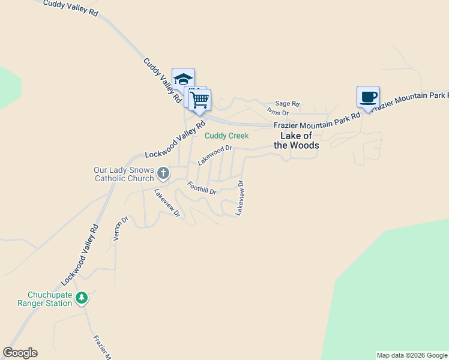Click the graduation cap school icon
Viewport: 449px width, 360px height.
[184, 79]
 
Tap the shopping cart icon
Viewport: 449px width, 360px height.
[200, 100]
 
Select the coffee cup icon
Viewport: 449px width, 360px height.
[368, 97]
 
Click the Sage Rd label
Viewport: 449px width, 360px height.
[287, 103]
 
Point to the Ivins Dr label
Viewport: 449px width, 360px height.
[278, 112]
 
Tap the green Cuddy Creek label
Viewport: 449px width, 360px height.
[226, 136]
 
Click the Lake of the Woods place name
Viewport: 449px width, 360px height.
[297, 140]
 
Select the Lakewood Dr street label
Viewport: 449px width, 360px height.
[215, 155]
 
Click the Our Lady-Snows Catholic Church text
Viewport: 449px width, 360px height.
[124, 174]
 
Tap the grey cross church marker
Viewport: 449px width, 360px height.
[163, 174]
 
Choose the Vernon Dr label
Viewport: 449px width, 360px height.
[120, 229]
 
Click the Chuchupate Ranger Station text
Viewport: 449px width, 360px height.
[50, 299]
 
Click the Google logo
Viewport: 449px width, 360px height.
[20, 353]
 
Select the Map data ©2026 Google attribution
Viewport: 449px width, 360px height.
[412, 355]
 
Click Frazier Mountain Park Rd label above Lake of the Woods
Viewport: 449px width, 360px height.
[316, 121]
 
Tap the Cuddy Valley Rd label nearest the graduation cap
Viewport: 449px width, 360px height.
[162, 80]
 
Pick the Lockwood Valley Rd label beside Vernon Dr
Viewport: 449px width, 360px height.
[79, 255]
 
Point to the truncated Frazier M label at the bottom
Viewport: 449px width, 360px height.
[99, 347]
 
